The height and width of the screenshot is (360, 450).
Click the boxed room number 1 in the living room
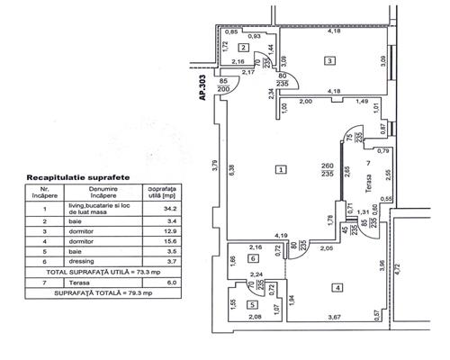[x=282, y=169]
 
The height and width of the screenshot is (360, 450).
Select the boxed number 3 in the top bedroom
[x=331, y=60]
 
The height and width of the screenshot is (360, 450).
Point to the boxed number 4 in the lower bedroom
[x=337, y=288]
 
